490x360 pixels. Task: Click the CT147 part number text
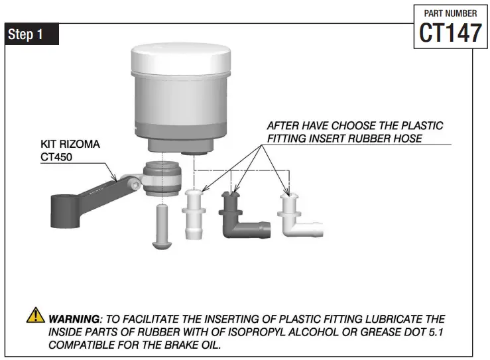coord(450,32)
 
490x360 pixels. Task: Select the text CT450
coord(59,157)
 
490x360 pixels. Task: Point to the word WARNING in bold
coord(73,319)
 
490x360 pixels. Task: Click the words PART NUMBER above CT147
coord(450,13)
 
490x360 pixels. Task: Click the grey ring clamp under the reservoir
coord(161,179)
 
